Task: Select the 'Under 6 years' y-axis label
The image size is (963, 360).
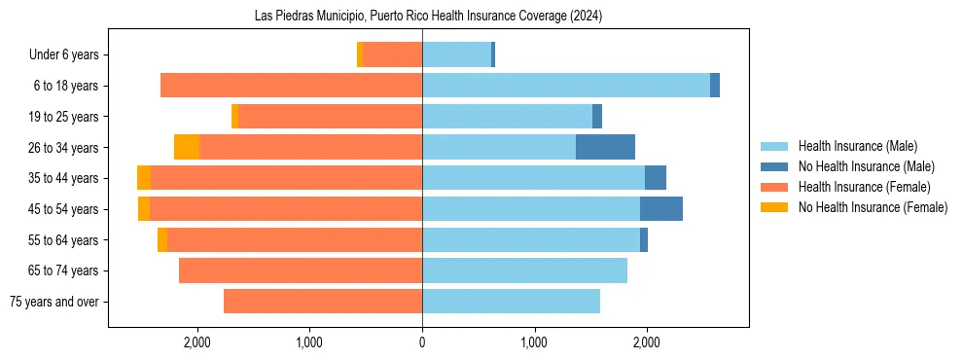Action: click(69, 54)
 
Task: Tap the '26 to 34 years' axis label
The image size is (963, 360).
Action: click(65, 147)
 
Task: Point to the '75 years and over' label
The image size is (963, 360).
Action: click(54, 302)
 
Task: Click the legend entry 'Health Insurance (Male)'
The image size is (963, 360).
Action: click(857, 146)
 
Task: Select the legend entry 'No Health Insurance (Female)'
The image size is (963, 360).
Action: click(873, 207)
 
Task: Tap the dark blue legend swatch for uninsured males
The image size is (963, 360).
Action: click(775, 166)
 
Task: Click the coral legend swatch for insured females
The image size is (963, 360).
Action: click(775, 187)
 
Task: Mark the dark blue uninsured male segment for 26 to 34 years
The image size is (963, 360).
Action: click(605, 147)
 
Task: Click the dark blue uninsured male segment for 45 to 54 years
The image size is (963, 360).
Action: click(661, 208)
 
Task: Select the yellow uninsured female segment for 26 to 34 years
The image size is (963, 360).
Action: click(187, 147)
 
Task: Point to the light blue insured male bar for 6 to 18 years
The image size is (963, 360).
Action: click(566, 86)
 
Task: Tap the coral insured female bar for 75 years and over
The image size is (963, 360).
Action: click(323, 302)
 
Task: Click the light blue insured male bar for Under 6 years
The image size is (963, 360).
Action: click(456, 54)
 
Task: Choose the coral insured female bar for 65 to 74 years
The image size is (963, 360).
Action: click(301, 270)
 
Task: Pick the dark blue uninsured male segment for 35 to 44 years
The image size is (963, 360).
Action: click(656, 178)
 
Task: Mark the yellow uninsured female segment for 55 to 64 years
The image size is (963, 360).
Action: click(162, 239)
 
